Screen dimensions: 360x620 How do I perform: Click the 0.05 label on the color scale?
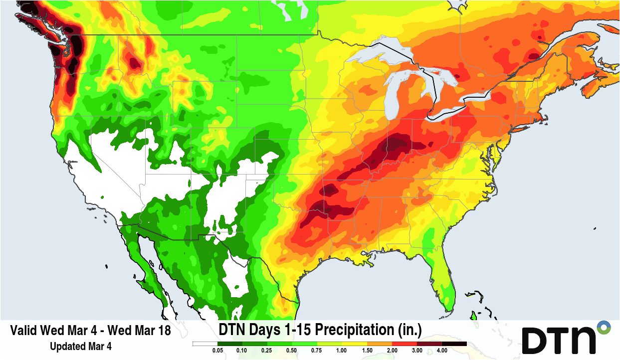(x=217, y=351)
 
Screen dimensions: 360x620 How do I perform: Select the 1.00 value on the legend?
(x=342, y=351)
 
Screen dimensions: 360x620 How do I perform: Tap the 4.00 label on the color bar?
(x=441, y=351)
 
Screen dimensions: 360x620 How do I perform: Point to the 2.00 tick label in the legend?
(x=392, y=351)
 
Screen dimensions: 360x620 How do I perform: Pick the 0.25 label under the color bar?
(x=267, y=351)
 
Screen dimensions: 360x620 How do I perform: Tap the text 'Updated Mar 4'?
(x=81, y=346)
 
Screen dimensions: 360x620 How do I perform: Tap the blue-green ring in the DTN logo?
(x=604, y=328)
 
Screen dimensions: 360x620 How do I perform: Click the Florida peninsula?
(x=445, y=284)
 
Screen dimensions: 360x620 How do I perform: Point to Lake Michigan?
(x=392, y=92)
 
